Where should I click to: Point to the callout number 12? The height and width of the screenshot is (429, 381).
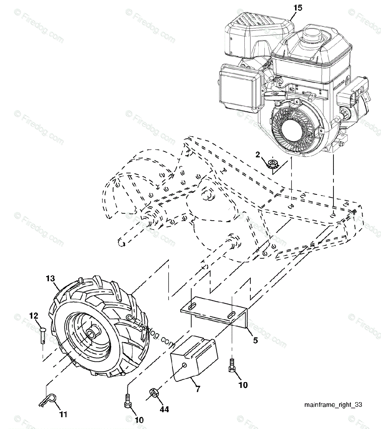(34, 316)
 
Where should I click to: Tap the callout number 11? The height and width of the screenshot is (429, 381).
(63, 414)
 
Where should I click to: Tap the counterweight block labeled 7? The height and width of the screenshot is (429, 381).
(193, 357)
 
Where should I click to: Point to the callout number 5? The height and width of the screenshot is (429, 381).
(255, 340)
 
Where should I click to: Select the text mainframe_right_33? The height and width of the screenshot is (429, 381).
(333, 405)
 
